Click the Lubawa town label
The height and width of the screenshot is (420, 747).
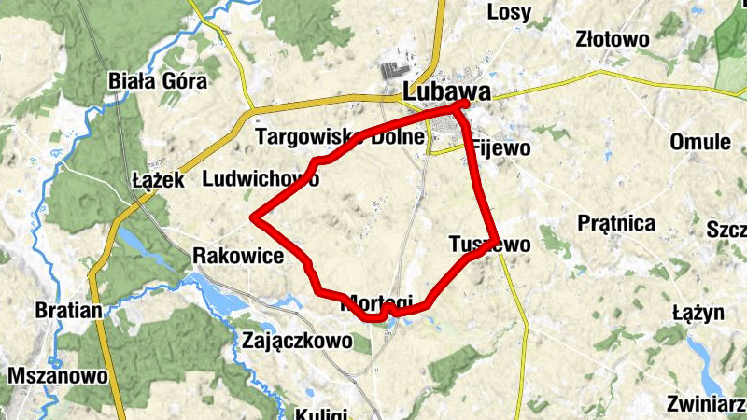point(447,92)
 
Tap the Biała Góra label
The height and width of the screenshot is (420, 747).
point(157,80)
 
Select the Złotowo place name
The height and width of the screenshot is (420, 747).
point(612,39)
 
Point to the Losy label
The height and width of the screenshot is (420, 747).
point(509,12)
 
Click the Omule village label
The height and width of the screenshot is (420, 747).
point(700,142)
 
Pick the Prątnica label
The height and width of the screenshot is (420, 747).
point(616,223)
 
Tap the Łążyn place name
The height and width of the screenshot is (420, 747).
point(698,313)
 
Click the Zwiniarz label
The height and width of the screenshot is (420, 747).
point(706,404)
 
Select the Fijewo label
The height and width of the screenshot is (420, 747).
point(501,147)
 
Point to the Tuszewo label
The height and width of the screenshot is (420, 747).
point(489,245)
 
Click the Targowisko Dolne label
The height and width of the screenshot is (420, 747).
point(341,138)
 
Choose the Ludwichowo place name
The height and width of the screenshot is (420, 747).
point(260,177)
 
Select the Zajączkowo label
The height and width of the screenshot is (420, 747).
point(297,341)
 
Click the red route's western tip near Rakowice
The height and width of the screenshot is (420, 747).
point(253,219)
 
